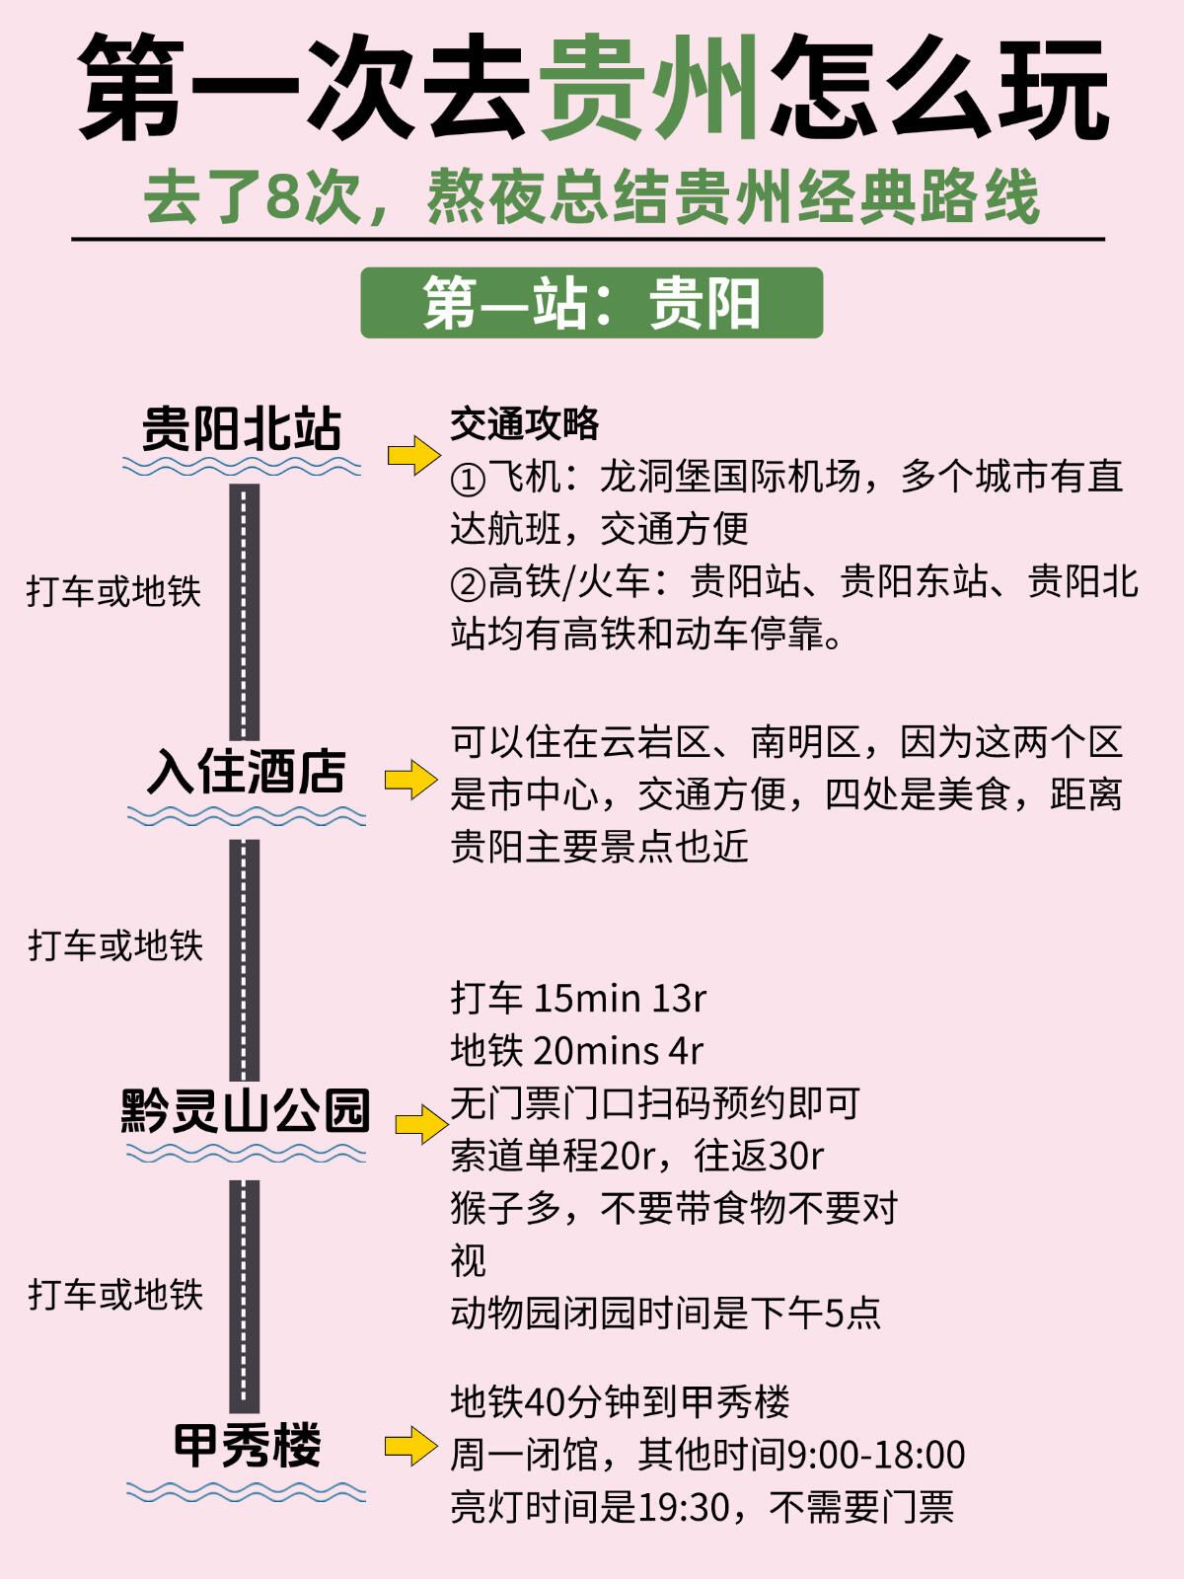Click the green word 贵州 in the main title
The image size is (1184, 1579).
(x=651, y=89)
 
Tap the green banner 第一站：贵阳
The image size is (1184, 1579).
(x=592, y=303)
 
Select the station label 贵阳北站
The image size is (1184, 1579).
(x=242, y=429)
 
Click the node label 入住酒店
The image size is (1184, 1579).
(x=247, y=771)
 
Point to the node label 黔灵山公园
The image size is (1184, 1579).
(x=245, y=1111)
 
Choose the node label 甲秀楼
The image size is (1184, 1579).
(x=247, y=1447)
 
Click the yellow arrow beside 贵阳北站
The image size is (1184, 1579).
(x=413, y=455)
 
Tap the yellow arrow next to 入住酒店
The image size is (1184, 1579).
(x=410, y=780)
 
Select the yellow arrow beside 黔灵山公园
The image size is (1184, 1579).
(x=421, y=1124)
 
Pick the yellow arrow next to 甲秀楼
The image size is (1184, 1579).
(x=410, y=1447)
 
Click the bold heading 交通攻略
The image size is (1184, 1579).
(x=525, y=424)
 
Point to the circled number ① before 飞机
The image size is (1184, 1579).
(x=468, y=480)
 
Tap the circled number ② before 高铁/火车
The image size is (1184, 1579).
(x=468, y=584)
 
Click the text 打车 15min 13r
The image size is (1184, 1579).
(x=578, y=999)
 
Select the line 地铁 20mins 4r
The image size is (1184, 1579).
(x=577, y=1051)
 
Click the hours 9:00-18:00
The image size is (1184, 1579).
(x=876, y=1456)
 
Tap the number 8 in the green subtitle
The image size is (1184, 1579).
(x=283, y=196)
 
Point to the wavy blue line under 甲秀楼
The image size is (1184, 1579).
(x=246, y=1491)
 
